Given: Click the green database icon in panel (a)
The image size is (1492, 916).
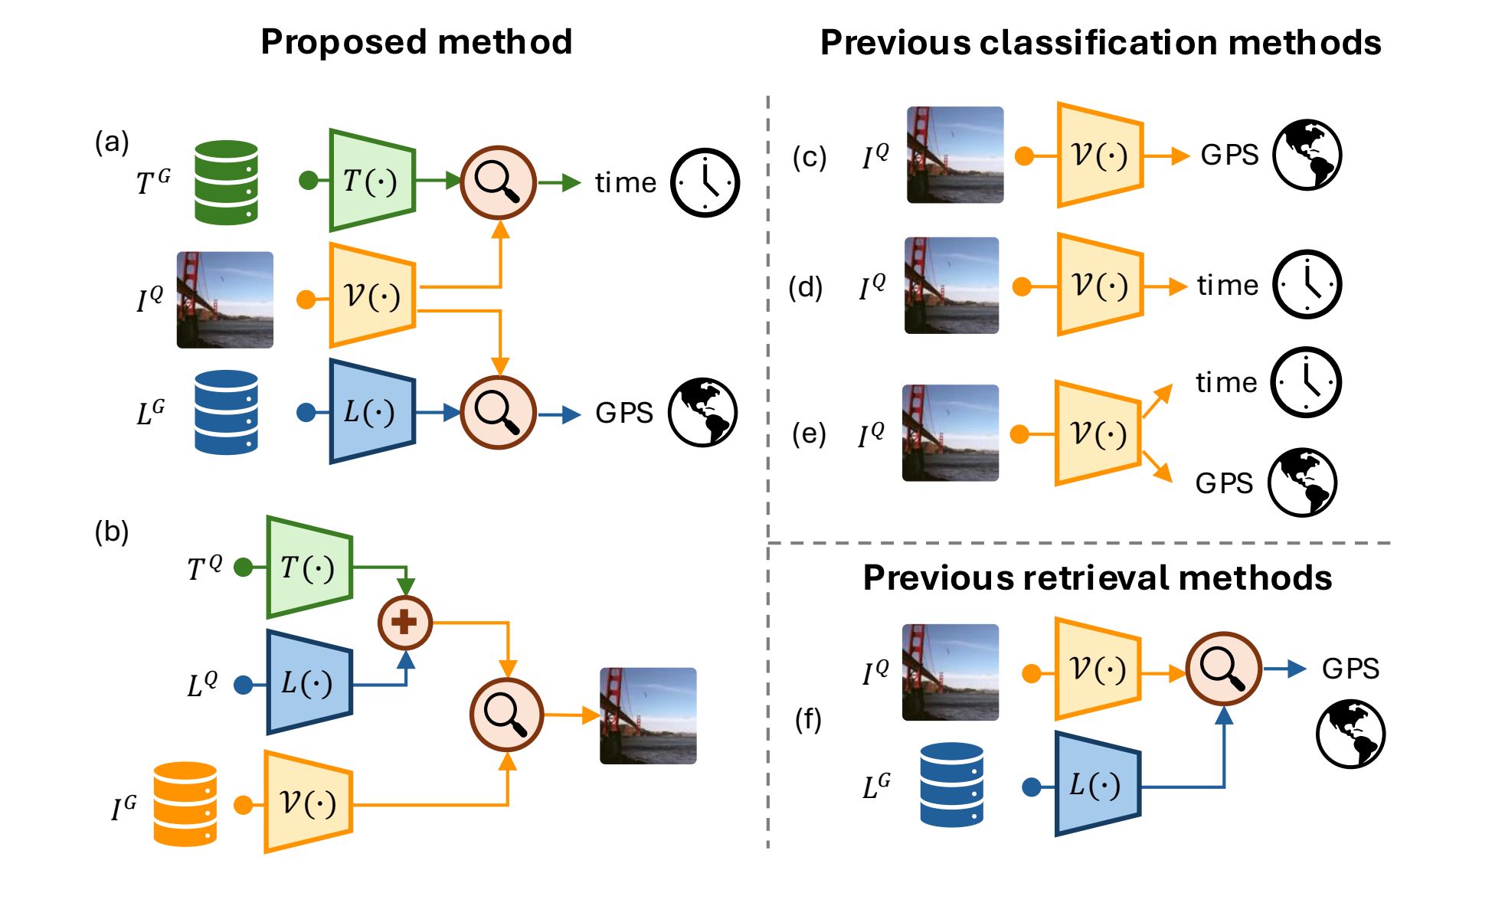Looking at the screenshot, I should (x=226, y=182).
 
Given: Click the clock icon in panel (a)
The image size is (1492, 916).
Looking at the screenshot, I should (x=705, y=183).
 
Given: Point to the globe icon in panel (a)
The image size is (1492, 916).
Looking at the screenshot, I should (x=702, y=412).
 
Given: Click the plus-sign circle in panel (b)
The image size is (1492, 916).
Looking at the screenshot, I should (x=405, y=622).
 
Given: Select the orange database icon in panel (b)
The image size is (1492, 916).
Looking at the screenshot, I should (x=185, y=803).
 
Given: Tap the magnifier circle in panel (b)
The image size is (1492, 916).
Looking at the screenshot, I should (x=506, y=715).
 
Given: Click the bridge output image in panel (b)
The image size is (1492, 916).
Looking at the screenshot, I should (x=648, y=715).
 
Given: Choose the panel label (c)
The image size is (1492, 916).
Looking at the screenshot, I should (x=810, y=157).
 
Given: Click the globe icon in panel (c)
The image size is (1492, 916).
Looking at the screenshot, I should (x=1307, y=155).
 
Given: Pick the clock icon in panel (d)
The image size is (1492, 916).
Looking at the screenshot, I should (x=1307, y=284).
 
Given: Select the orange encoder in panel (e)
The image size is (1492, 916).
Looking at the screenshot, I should (x=1098, y=433).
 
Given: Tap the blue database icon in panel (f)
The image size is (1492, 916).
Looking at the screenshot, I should (x=951, y=785).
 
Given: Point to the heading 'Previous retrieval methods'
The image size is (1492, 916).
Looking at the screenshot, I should (x=1097, y=577).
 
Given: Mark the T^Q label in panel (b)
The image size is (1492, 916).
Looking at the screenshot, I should (x=204, y=568).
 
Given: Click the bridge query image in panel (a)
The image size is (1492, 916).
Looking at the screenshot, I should (x=225, y=299).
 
